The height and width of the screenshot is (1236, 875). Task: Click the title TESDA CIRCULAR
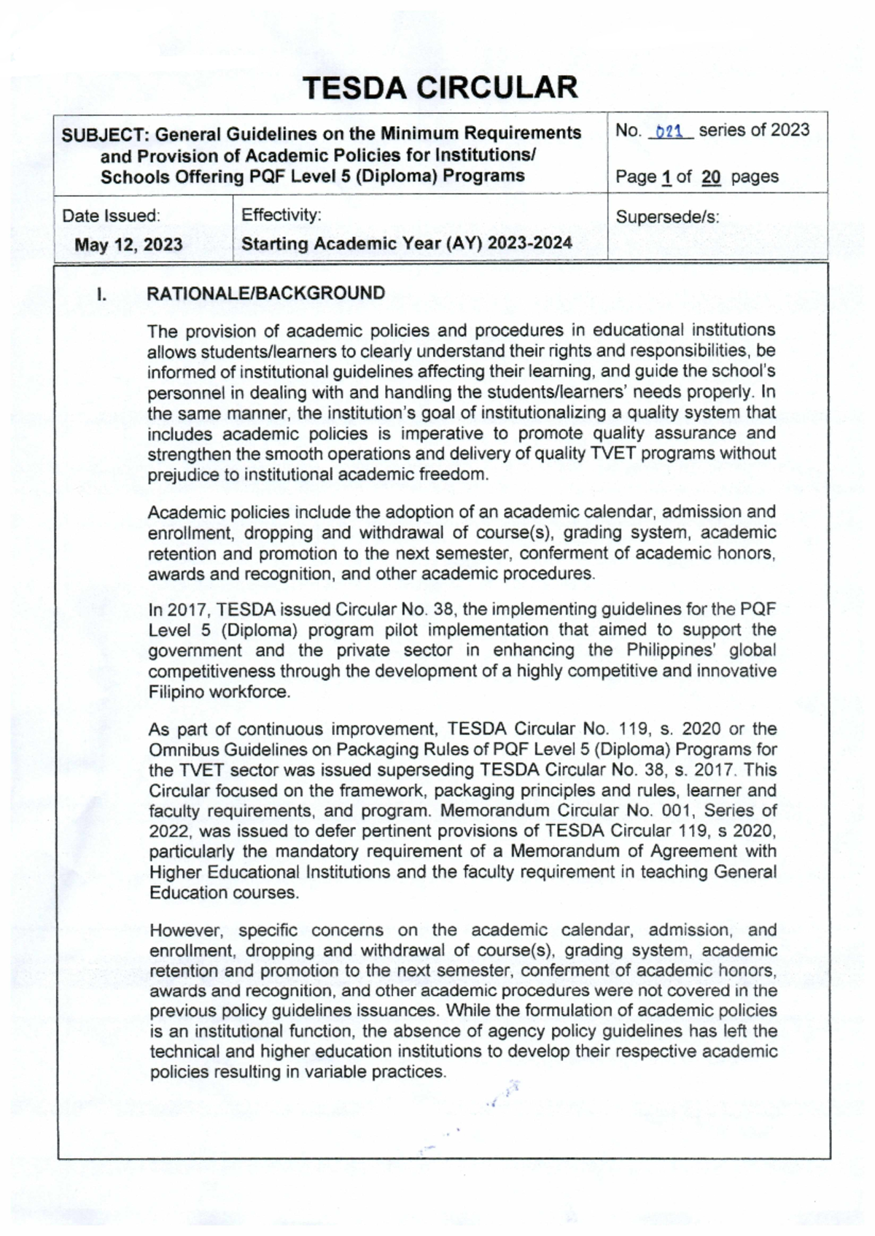point(440,88)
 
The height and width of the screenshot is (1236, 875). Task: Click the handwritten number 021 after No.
point(669,132)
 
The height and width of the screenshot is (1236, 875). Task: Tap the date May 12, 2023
point(128,244)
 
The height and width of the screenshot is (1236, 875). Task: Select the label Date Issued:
point(111,216)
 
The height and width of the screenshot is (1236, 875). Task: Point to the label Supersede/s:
point(667,217)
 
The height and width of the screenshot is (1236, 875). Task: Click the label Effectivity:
point(281,215)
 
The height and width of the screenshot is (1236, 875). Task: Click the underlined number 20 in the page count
point(711,177)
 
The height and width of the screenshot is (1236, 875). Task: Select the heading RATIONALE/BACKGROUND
point(266,293)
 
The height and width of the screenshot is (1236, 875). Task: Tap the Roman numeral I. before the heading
point(102,295)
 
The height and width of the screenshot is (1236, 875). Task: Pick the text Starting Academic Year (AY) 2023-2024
point(406,244)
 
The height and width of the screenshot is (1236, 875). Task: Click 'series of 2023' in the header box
point(754,131)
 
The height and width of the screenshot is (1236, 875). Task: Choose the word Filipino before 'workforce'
point(176,692)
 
